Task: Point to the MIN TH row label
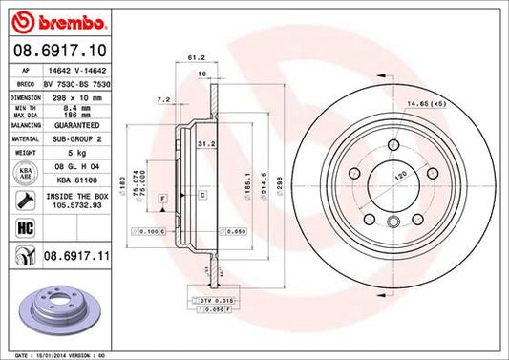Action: coord(24,108)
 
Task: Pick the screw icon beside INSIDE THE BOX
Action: coord(22,200)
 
